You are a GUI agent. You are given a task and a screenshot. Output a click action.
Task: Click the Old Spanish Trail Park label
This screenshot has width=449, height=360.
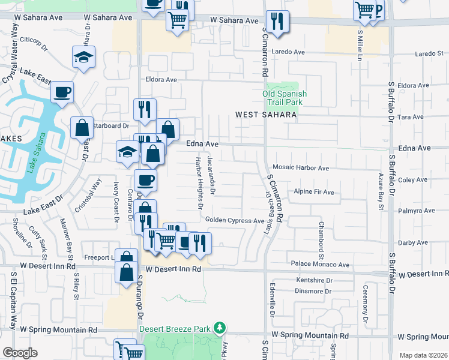point(285,98)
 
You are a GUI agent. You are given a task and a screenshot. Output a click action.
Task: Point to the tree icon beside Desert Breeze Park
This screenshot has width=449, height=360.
point(220,328)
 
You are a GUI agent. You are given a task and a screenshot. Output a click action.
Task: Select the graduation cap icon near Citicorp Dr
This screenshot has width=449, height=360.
point(83,57)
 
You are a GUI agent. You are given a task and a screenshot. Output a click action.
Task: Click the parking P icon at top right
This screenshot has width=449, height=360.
point(378,10)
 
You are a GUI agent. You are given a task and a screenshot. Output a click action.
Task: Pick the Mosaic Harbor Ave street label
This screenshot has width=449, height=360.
point(301,168)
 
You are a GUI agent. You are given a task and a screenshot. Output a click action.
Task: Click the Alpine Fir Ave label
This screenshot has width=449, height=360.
point(313,192)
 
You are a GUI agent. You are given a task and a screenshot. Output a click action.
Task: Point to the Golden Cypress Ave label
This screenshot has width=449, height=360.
point(235,220)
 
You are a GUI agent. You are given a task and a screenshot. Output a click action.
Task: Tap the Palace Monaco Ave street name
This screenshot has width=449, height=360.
point(320,264)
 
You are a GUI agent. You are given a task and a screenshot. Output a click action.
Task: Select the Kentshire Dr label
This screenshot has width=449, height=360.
point(314,280)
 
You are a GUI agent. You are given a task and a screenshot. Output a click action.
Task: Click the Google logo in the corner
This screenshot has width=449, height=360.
point(20,353)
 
